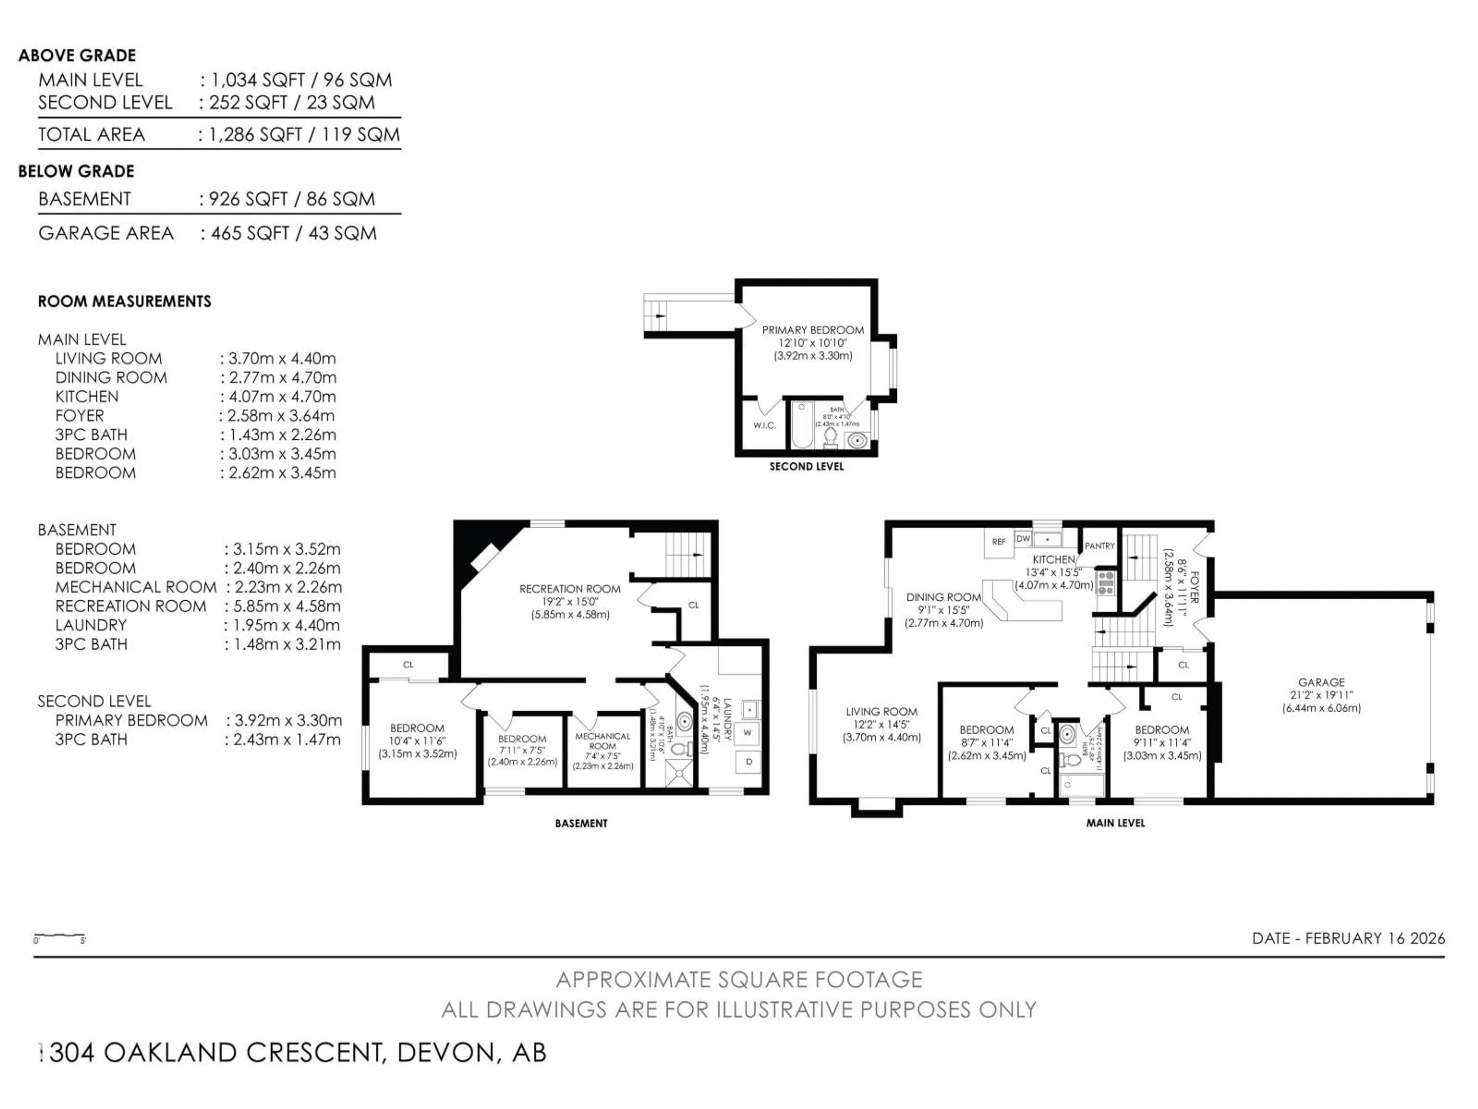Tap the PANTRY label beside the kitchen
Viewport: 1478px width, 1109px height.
[1099, 546]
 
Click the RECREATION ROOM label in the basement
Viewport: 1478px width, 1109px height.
[570, 589]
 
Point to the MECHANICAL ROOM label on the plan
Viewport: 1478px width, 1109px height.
[602, 740]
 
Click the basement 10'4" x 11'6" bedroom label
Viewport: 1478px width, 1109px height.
[417, 740]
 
